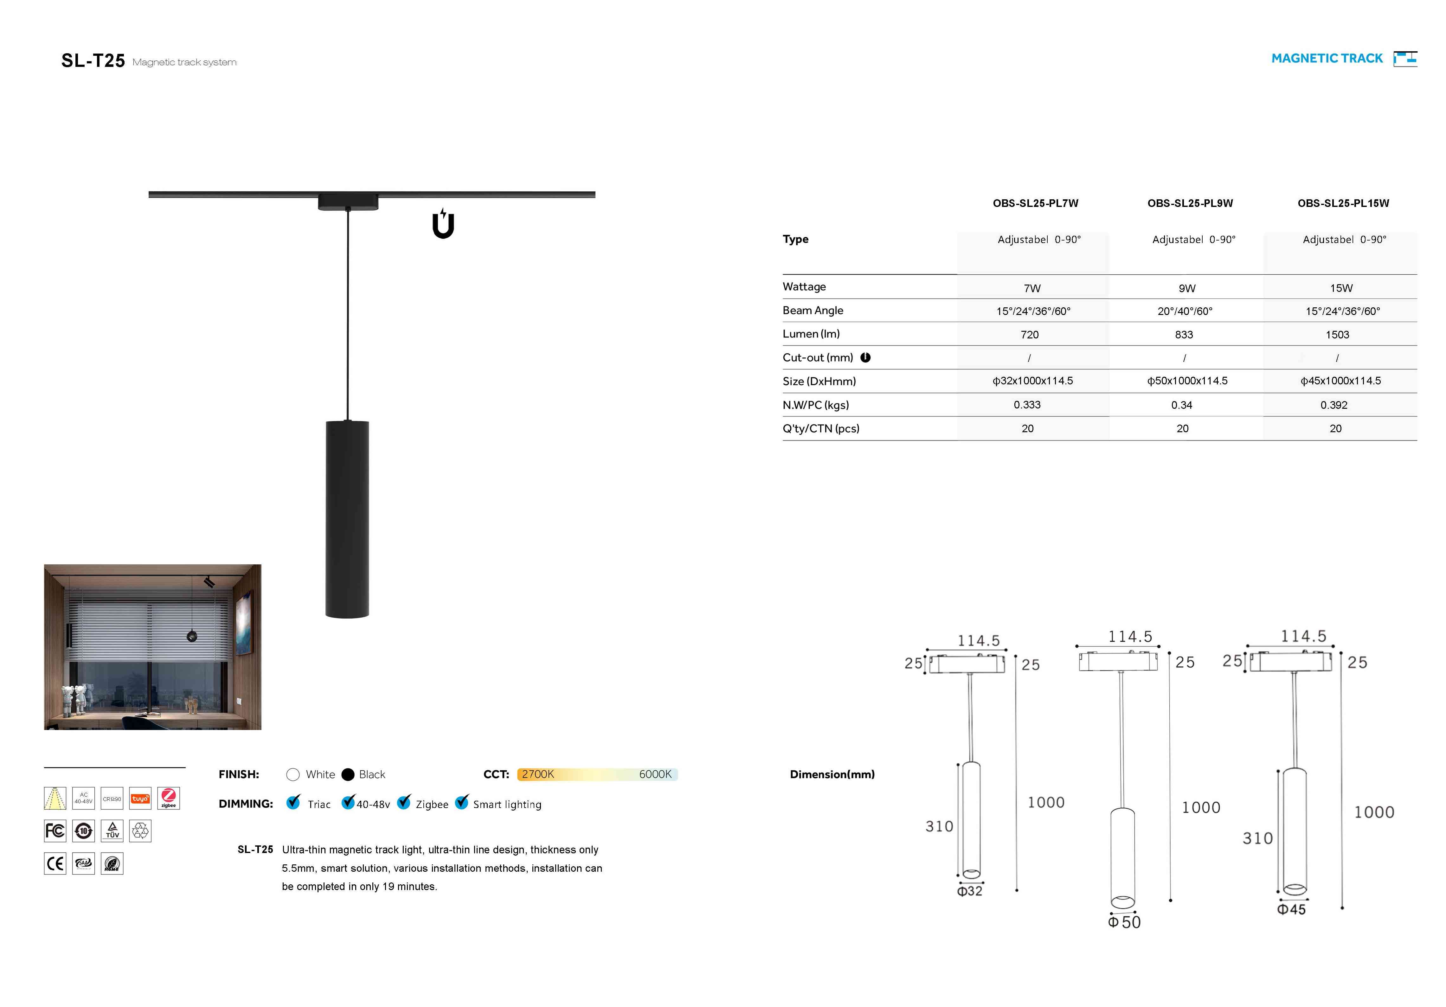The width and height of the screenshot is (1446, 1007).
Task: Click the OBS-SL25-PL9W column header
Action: (x=1190, y=203)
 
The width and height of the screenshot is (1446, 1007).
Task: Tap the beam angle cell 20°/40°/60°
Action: (x=1185, y=311)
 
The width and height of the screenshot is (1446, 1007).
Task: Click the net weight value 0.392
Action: (x=1334, y=405)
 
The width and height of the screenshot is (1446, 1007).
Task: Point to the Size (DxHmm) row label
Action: (x=819, y=381)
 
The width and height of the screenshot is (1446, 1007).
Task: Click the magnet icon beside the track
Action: (x=443, y=224)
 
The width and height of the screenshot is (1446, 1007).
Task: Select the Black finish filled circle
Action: (x=348, y=775)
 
